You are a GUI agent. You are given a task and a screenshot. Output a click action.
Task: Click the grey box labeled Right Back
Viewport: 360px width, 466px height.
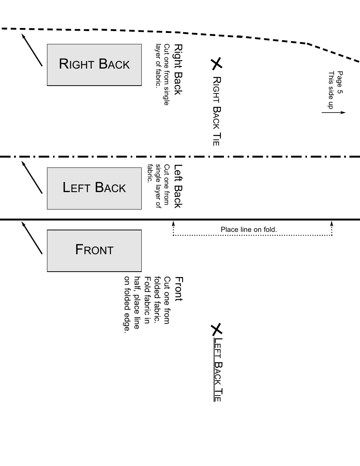click(94, 65)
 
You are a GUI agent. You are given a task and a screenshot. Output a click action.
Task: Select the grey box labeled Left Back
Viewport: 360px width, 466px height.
click(94, 188)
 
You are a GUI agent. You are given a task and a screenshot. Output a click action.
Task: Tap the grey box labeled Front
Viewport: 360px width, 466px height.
click(94, 250)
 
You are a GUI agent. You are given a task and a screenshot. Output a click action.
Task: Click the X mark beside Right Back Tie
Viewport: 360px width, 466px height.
click(216, 64)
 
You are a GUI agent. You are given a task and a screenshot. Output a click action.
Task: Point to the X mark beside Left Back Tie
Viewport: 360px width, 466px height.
click(216, 329)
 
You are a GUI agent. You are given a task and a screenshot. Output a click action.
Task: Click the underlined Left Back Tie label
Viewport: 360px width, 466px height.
click(217, 369)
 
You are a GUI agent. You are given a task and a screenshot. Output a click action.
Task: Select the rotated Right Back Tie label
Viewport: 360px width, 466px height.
click(216, 111)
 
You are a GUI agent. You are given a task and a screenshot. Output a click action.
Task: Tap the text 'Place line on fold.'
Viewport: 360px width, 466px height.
click(249, 230)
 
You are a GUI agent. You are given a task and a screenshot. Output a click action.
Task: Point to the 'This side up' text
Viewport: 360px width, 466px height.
click(331, 90)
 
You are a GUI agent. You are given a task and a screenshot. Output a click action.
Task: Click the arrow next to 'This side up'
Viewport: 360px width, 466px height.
click(334, 113)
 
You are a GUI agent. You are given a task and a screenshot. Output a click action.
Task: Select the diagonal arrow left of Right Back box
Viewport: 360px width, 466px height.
click(32, 50)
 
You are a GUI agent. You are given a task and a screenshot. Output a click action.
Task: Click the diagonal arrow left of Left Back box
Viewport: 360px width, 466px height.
click(32, 177)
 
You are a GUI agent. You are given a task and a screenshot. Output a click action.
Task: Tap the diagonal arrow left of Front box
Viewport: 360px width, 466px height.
click(32, 238)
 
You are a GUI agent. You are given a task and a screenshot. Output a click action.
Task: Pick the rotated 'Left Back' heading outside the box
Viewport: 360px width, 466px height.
click(178, 186)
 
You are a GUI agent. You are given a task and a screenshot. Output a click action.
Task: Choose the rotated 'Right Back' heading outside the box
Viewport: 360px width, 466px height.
click(178, 69)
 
